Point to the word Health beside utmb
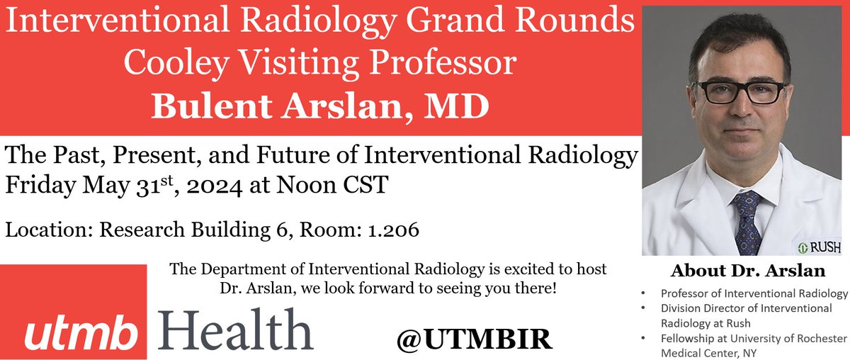pyautogui.click(x=234, y=327)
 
